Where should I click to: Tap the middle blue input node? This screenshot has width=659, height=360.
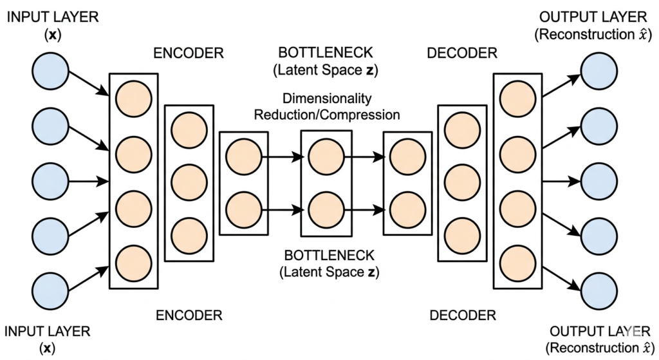pyautogui.click(x=50, y=180)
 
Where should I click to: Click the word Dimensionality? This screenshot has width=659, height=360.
pyautogui.click(x=326, y=99)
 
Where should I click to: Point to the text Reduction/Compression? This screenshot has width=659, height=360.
pyautogui.click(x=327, y=115)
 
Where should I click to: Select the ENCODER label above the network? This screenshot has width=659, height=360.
pyautogui.click(x=188, y=53)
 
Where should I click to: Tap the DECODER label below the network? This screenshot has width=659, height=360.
pyautogui.click(x=462, y=316)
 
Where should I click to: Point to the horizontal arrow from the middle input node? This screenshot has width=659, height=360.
pyautogui.click(x=89, y=180)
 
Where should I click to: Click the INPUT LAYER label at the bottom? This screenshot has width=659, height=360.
pyautogui.click(x=48, y=332)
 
